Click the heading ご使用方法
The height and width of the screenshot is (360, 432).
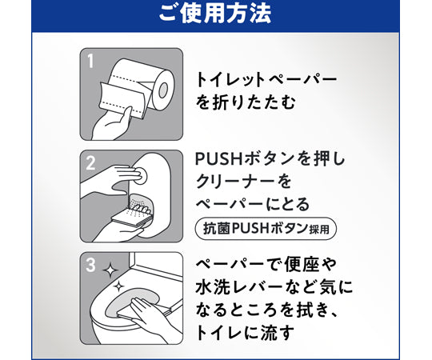pos(215,14)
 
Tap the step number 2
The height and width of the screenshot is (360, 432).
pos(90,162)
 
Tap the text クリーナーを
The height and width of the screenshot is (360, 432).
pos(240,182)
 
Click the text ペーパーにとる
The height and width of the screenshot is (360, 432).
pos(252,205)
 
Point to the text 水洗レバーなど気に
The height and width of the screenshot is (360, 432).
pos(273,286)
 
